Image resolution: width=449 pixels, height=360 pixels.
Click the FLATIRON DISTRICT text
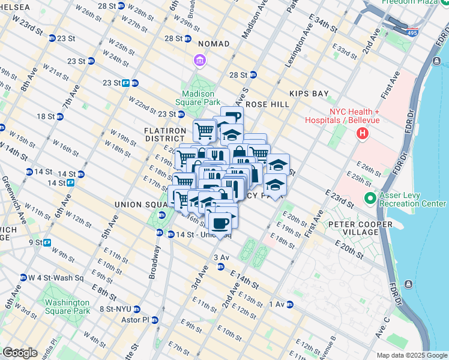(163, 135)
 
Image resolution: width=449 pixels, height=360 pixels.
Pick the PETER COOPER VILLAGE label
(360, 224)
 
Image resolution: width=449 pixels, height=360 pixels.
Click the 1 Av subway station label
(277, 304)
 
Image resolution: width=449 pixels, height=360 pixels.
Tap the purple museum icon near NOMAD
(199, 60)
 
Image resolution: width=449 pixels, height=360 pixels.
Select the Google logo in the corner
(20, 352)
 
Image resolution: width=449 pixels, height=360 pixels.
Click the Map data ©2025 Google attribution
(411, 355)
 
